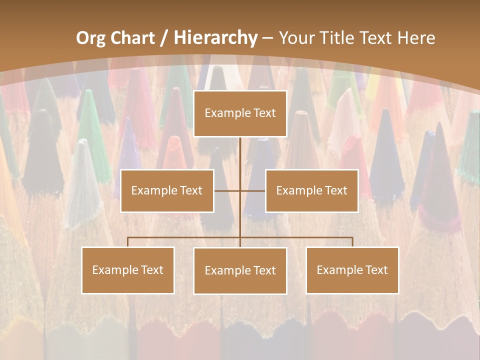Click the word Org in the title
(91, 38)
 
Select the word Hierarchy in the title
(215, 38)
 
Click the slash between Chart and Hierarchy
(164, 38)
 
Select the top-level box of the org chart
(240, 113)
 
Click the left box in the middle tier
(167, 191)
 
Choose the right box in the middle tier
(311, 191)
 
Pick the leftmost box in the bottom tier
(128, 270)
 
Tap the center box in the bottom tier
(240, 271)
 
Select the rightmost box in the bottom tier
(352, 270)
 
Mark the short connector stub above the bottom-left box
(128, 242)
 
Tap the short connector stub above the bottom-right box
(352, 242)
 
